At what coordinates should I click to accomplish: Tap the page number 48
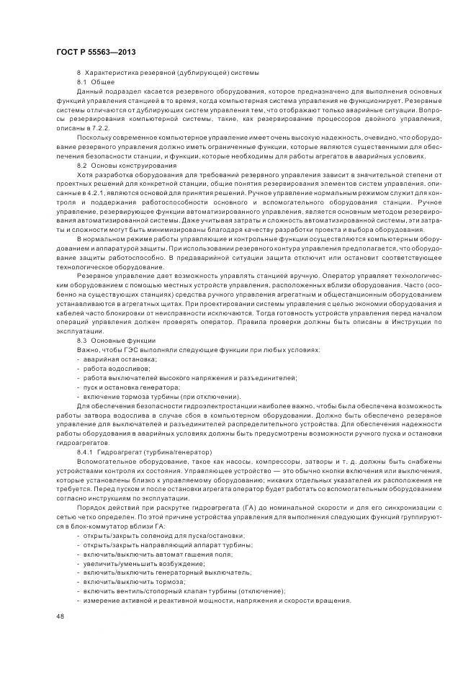[59, 616]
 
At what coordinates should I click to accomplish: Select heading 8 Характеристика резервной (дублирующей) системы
[168, 74]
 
